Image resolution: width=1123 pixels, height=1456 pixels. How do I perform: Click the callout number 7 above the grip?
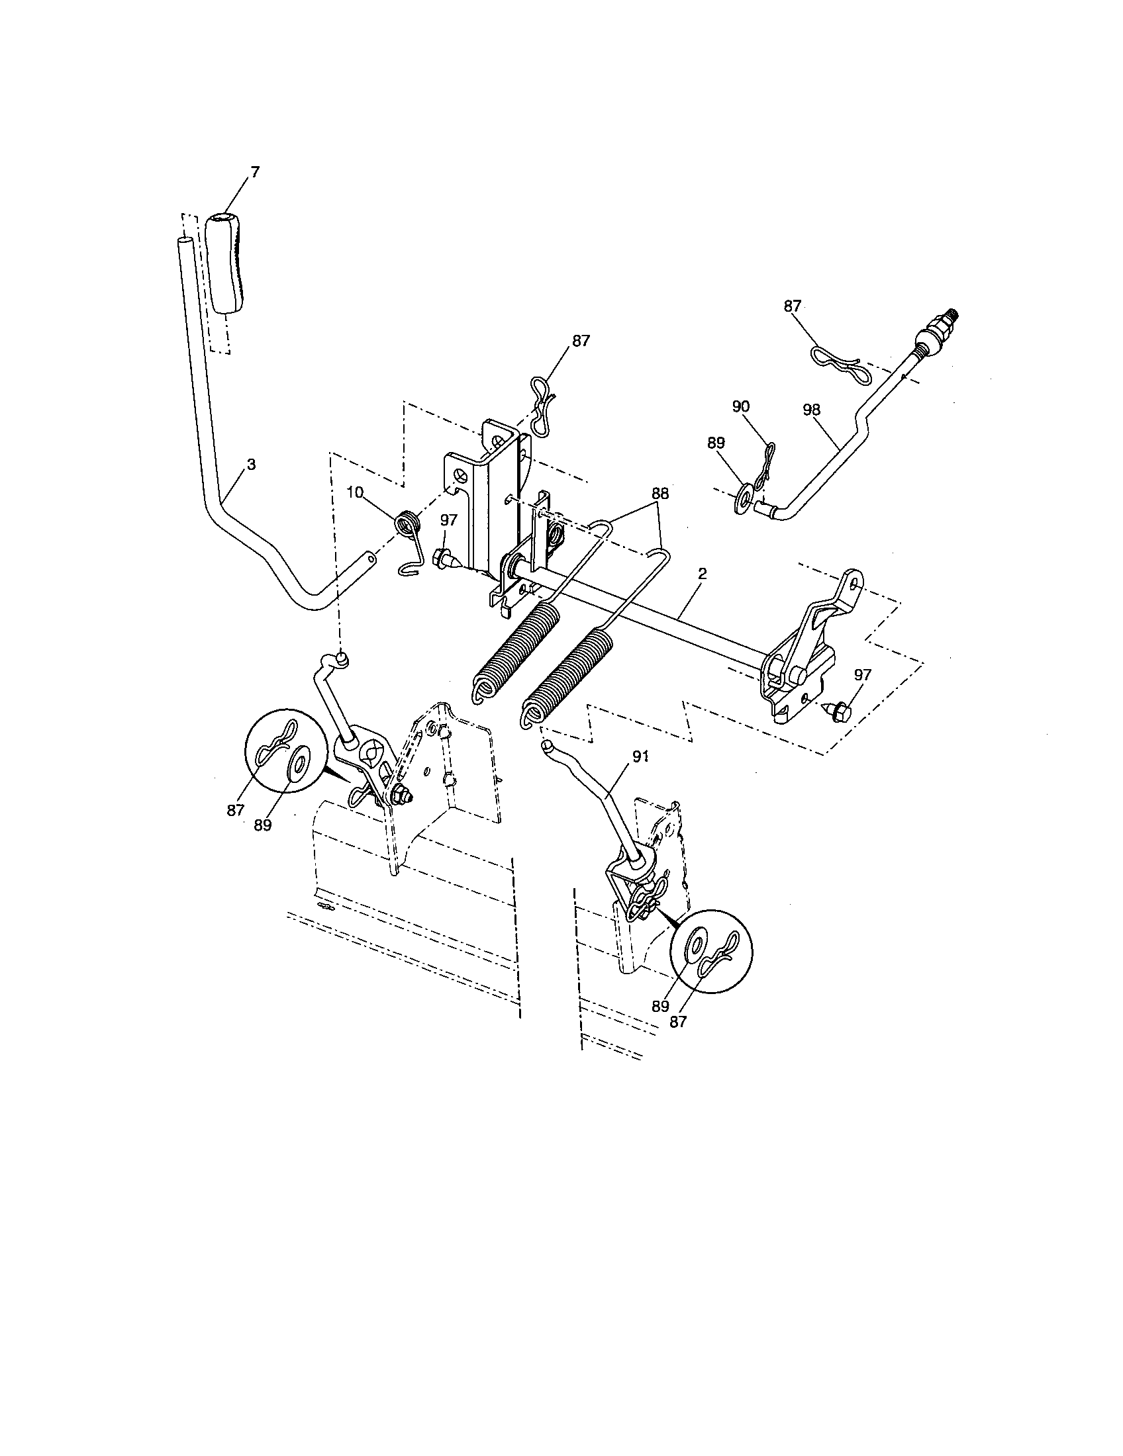tap(254, 172)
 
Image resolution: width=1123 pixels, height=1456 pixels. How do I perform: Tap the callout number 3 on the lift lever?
tap(251, 465)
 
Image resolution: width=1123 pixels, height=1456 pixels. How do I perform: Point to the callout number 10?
tap(355, 492)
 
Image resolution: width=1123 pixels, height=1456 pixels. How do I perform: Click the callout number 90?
tap(741, 406)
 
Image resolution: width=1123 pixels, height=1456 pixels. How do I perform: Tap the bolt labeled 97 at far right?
tap(838, 711)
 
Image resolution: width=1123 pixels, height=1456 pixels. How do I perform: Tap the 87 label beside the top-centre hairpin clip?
tap(580, 340)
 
